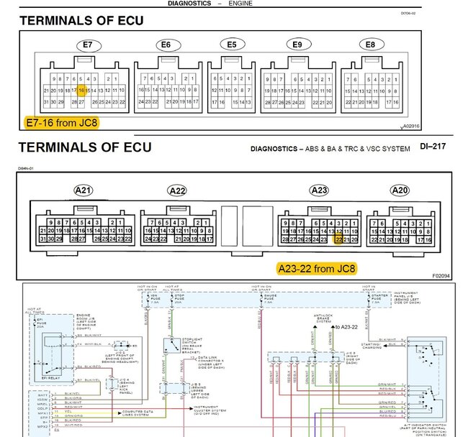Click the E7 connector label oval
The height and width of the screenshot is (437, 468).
click(x=88, y=45)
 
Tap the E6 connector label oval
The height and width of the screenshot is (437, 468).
click(x=166, y=45)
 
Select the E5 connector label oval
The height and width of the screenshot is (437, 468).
click(x=231, y=45)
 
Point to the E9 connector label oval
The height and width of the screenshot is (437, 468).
click(x=297, y=45)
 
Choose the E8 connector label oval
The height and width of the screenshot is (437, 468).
click(x=370, y=45)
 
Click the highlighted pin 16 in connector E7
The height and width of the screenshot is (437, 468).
click(x=82, y=91)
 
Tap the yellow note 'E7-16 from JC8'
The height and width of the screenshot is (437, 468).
click(x=61, y=122)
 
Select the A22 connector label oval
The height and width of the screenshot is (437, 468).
click(x=176, y=190)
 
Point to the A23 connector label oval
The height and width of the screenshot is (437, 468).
click(x=319, y=190)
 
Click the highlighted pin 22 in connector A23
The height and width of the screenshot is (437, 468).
click(x=339, y=240)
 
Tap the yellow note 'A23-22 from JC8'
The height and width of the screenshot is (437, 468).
click(x=317, y=269)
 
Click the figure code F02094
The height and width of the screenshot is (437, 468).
click(x=441, y=275)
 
